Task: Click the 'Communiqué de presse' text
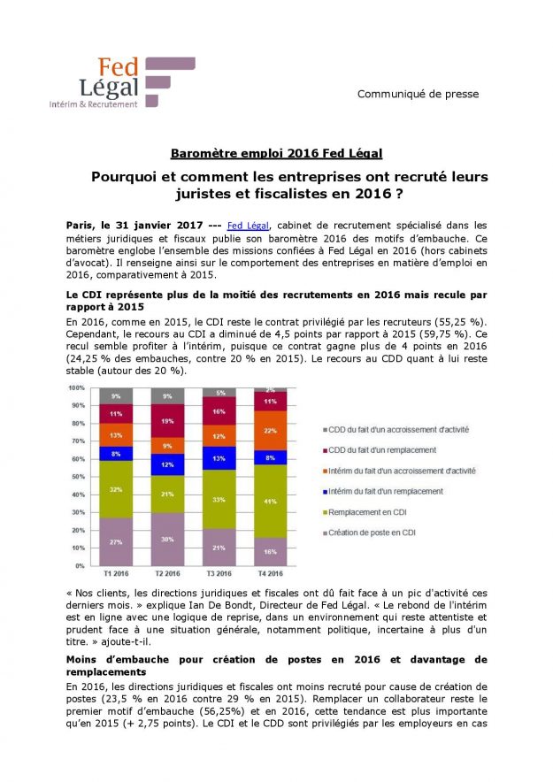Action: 418,95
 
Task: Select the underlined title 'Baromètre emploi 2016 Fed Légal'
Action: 276,151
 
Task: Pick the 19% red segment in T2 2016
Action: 166,420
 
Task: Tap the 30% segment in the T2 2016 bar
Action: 166,539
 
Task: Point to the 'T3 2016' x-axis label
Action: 219,573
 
